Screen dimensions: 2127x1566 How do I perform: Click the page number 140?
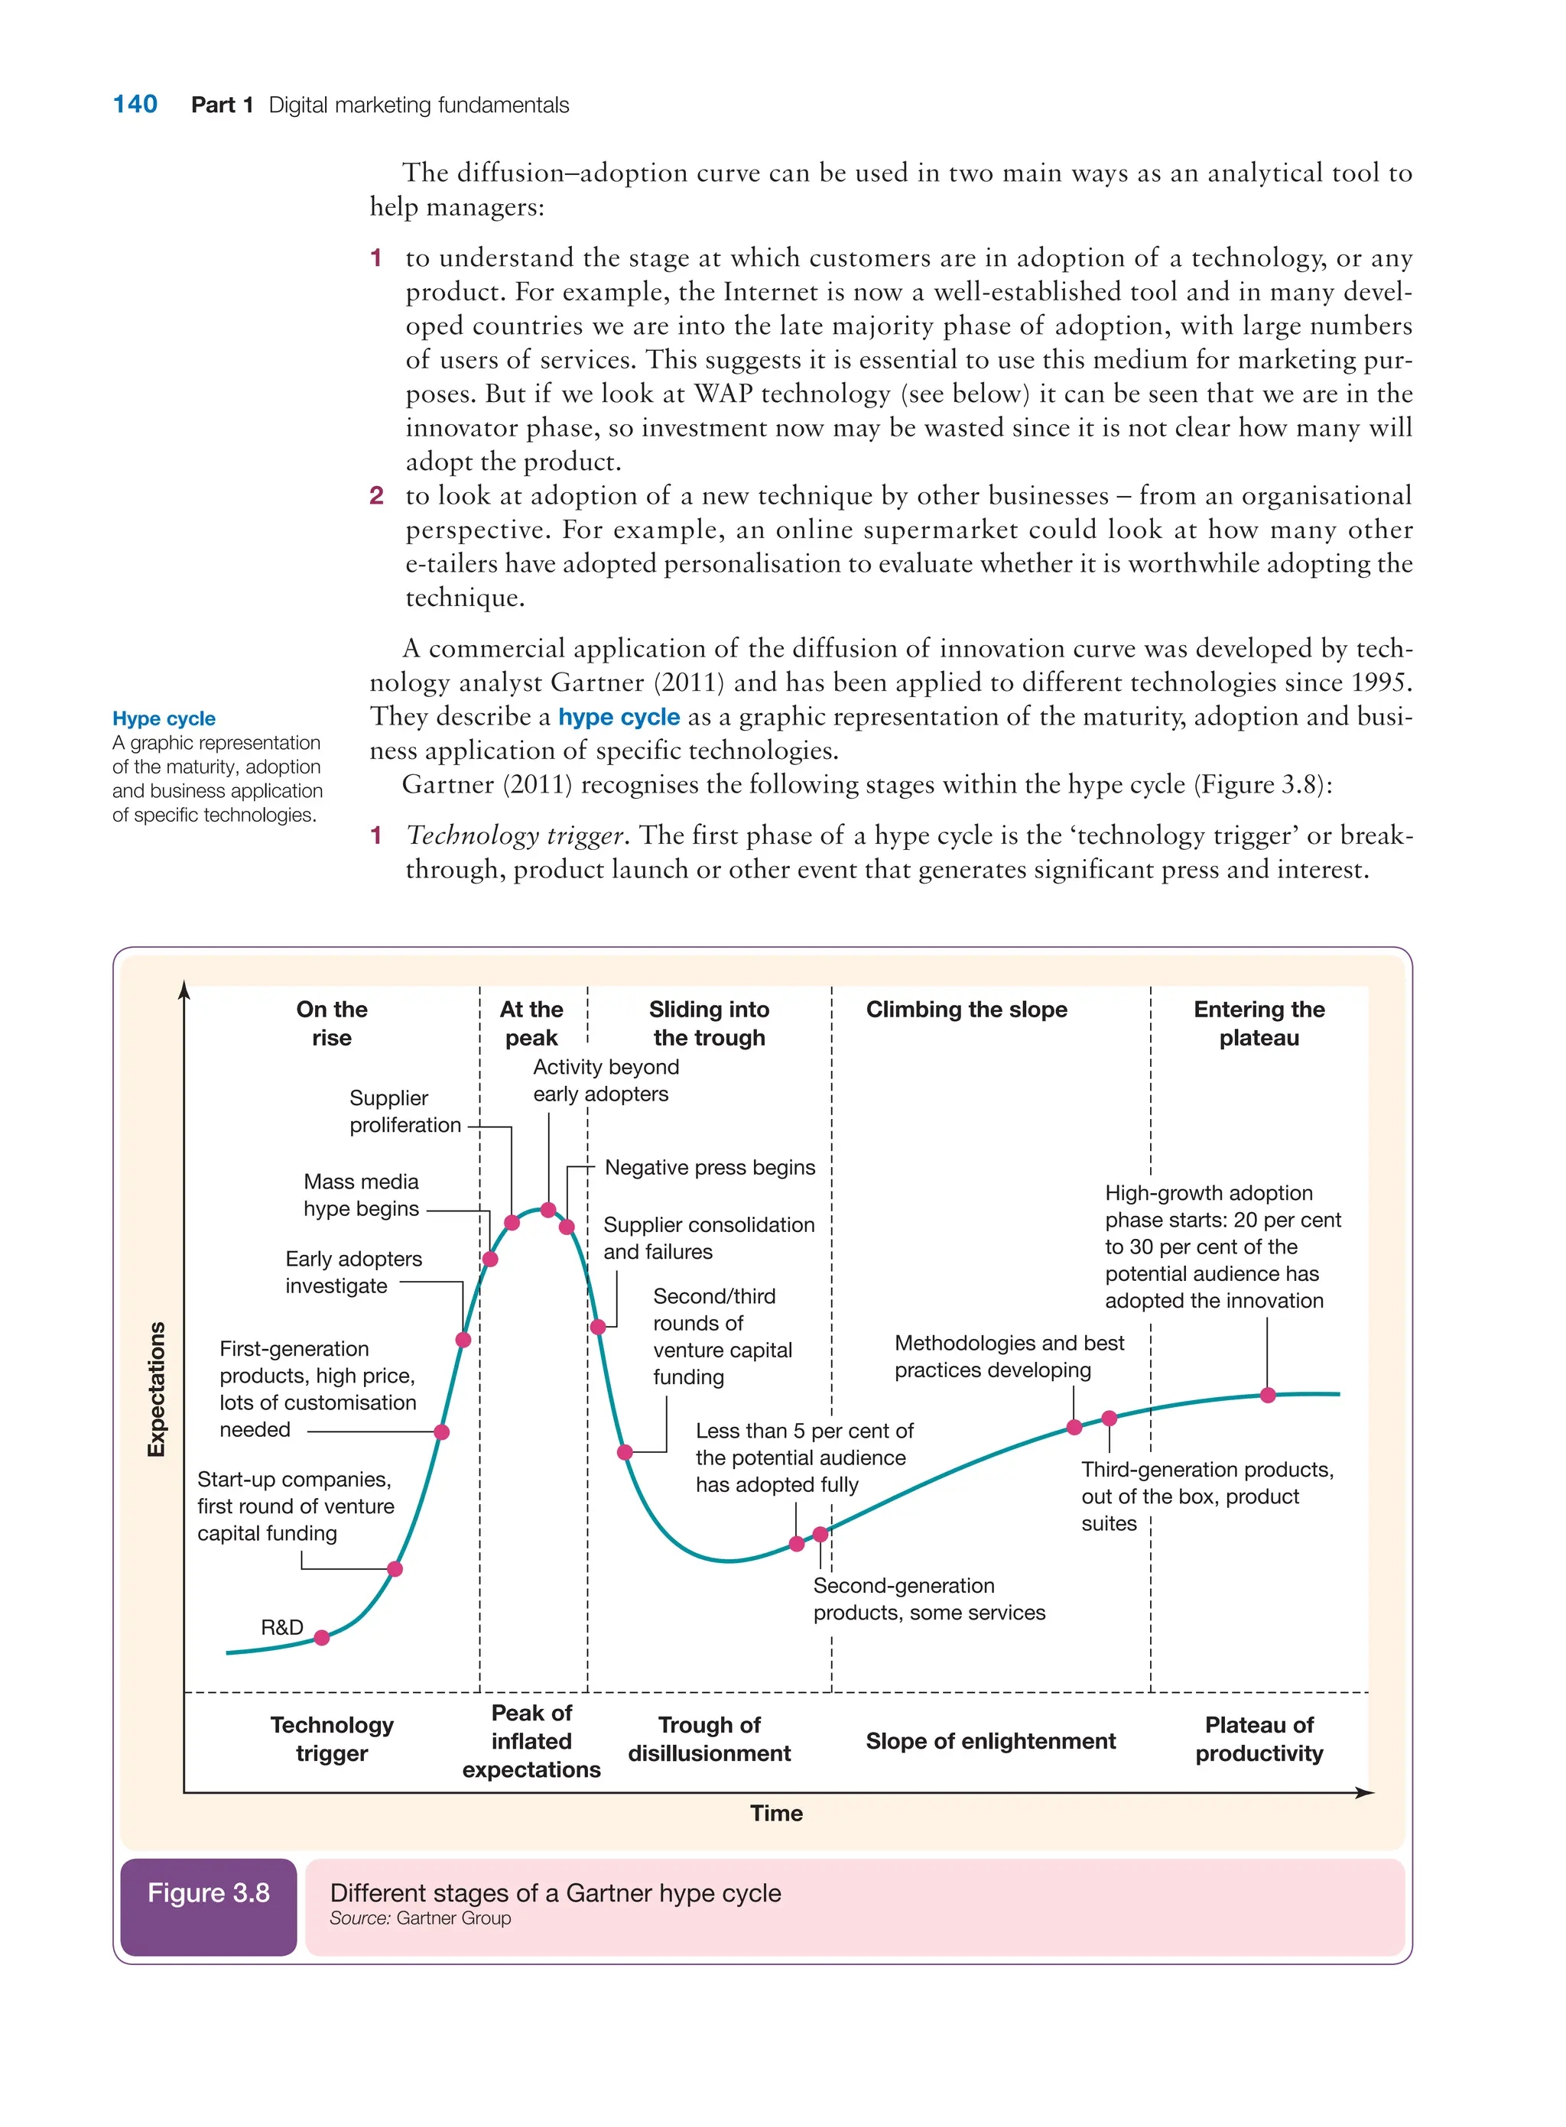pos(135,104)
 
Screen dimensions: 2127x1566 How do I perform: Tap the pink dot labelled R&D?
pos(321,1637)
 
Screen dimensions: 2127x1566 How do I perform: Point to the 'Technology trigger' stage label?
pos(332,1739)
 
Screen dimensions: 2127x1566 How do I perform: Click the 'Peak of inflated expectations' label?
pos(531,1740)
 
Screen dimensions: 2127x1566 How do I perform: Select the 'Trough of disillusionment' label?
pos(709,1739)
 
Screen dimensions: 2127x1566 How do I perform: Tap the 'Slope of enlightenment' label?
pos(989,1740)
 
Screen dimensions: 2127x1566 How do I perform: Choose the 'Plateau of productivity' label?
pos(1258,1739)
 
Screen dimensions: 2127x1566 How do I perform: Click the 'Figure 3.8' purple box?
pos(209,1906)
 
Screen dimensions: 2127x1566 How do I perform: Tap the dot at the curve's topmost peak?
pos(548,1210)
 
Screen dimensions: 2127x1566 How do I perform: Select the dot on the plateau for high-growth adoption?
pos(1267,1395)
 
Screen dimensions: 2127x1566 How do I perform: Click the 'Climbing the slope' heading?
pos(966,1009)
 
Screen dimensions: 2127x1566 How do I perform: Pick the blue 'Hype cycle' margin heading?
pos(164,718)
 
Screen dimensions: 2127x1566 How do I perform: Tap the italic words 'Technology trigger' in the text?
pos(515,835)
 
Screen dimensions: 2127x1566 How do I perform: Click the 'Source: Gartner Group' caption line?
pos(420,1918)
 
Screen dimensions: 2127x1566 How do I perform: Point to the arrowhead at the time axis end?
pos(1365,1792)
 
